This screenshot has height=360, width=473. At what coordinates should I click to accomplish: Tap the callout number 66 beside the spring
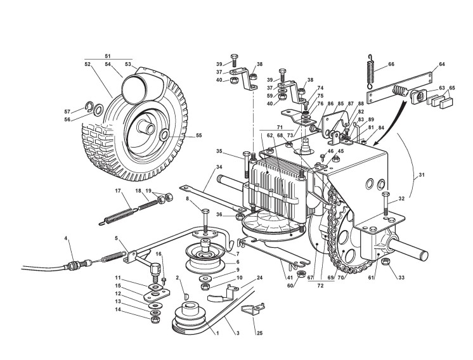(x=391, y=64)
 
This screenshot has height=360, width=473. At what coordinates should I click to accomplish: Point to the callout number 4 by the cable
(x=65, y=239)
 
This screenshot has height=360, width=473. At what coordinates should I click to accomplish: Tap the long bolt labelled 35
(x=245, y=166)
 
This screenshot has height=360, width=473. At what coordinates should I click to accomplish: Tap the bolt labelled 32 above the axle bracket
(x=385, y=209)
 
